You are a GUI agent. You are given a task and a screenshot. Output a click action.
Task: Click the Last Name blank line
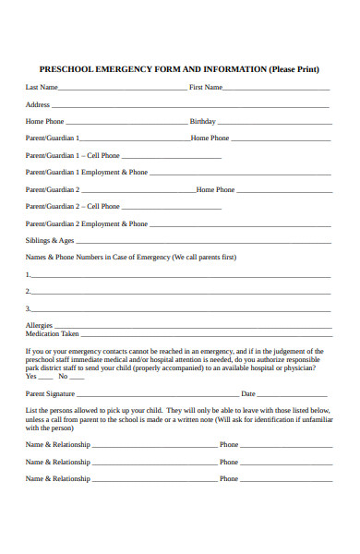click(122, 89)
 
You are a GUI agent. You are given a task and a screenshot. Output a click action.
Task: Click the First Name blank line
click(276, 89)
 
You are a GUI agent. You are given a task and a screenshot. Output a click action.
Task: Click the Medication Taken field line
click(205, 335)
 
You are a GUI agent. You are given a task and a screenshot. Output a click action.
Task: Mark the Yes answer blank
click(45, 377)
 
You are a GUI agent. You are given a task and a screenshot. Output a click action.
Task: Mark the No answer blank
click(76, 377)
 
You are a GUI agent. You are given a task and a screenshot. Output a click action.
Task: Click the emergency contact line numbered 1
click(180, 276)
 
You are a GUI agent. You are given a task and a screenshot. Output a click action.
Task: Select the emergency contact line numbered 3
click(180, 309)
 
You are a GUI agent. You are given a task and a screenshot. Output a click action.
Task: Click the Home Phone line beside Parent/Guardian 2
click(282, 191)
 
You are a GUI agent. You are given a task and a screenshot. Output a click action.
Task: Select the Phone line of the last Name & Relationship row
click(283, 480)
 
